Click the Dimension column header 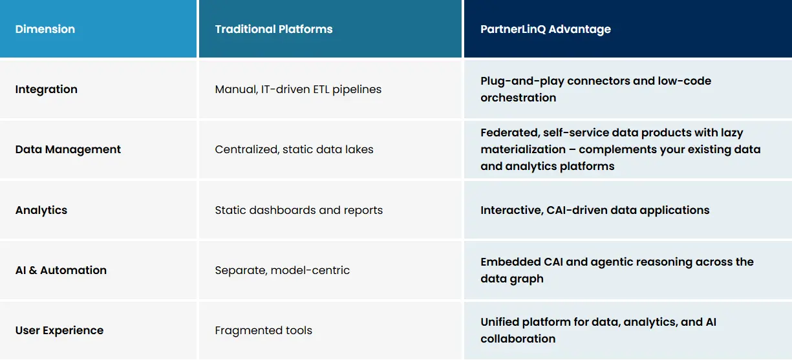click(45, 29)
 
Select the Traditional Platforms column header click(273, 29)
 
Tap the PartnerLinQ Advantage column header click(545, 29)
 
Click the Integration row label click(47, 89)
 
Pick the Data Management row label click(68, 149)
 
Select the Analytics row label click(41, 210)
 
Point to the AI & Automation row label click(61, 270)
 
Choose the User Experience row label click(59, 330)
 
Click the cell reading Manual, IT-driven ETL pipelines click(298, 89)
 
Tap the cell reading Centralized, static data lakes click(294, 149)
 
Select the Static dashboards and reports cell click(299, 210)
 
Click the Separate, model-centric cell click(282, 270)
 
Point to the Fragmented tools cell click(263, 330)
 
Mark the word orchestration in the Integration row click(518, 98)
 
